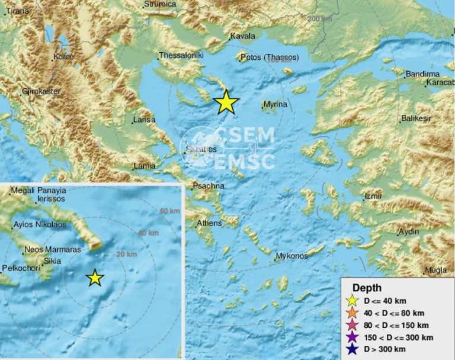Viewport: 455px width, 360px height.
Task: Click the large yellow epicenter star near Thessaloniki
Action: tap(226, 102)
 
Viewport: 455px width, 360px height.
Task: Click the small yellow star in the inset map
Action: tap(95, 277)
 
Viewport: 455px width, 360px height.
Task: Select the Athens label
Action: tap(210, 223)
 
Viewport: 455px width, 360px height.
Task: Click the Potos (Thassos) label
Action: tap(270, 57)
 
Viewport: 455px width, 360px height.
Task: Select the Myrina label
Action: tap(275, 105)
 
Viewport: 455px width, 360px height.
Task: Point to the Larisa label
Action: tap(145, 120)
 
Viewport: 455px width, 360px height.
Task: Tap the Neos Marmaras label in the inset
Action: tap(52, 250)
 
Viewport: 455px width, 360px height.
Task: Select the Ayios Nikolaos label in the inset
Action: tap(40, 226)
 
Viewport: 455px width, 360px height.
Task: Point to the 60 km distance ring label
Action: tap(169, 211)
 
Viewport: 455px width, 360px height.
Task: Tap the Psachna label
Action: tap(207, 187)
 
